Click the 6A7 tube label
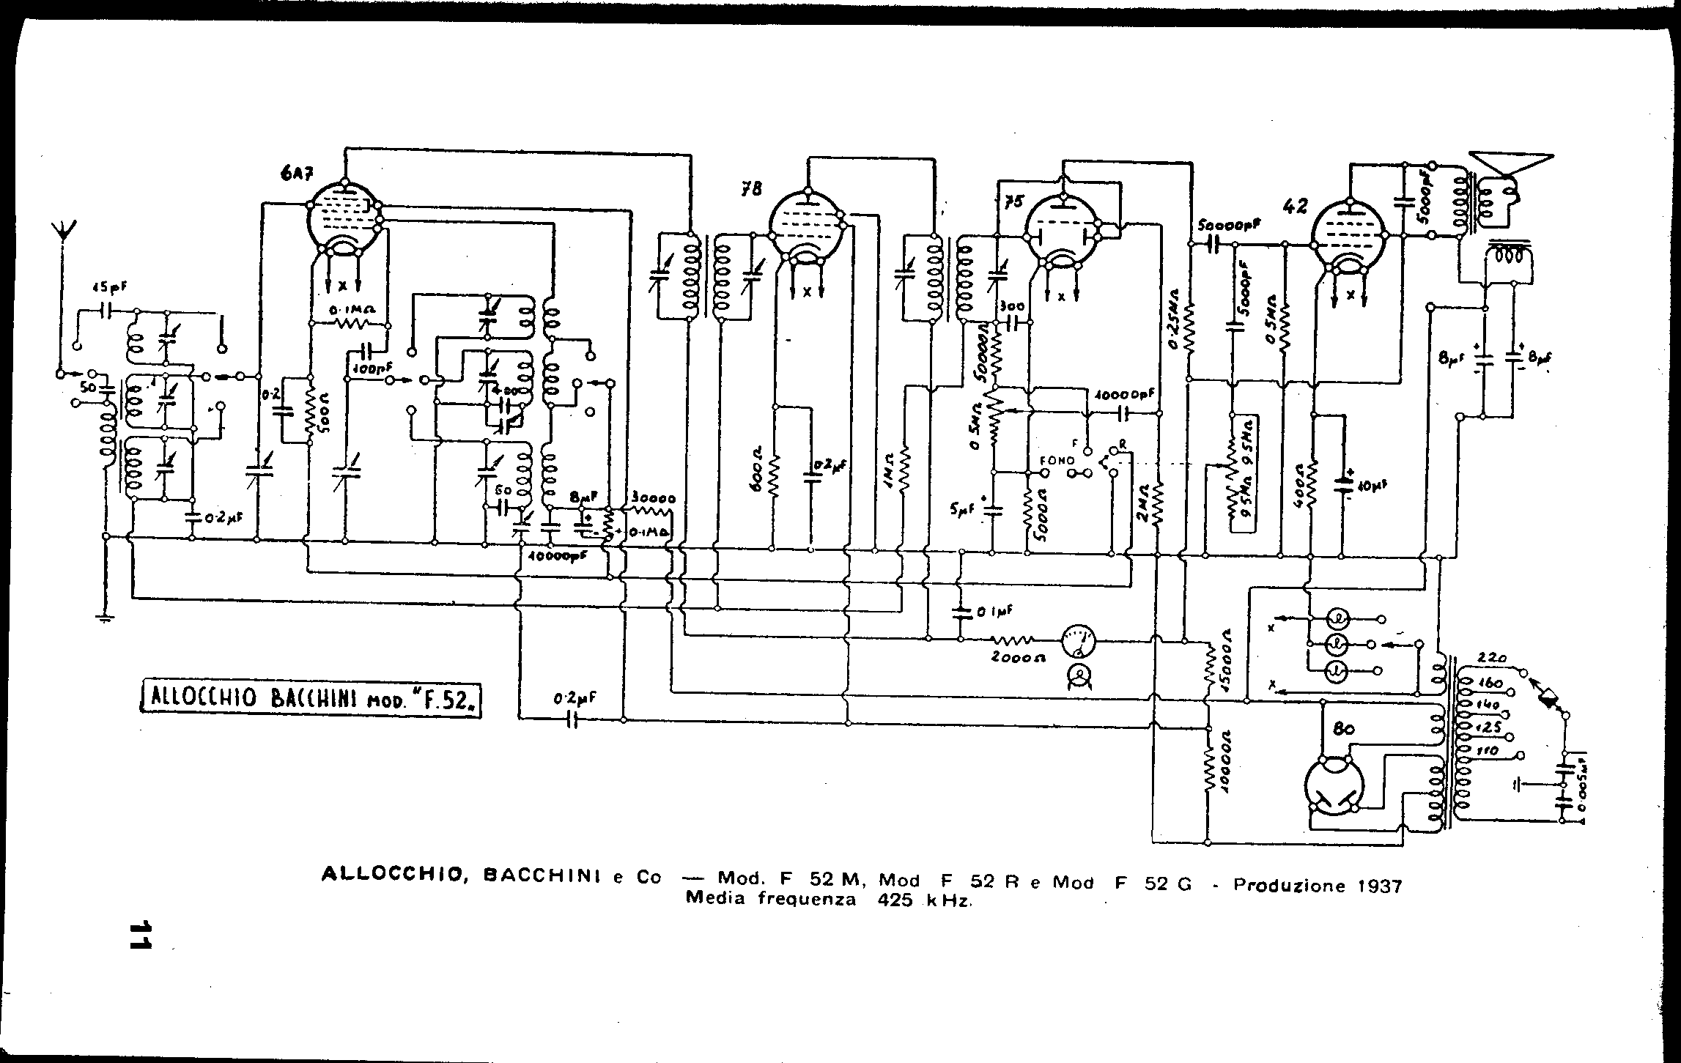pyautogui.click(x=293, y=174)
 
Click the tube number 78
pyautogui.click(x=750, y=190)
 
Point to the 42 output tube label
pyautogui.click(x=1295, y=207)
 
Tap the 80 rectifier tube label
pyautogui.click(x=1343, y=728)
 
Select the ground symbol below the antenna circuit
pyautogui.click(x=106, y=618)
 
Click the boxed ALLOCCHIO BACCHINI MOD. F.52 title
pyautogui.click(x=310, y=699)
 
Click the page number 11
pyautogui.click(x=138, y=935)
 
